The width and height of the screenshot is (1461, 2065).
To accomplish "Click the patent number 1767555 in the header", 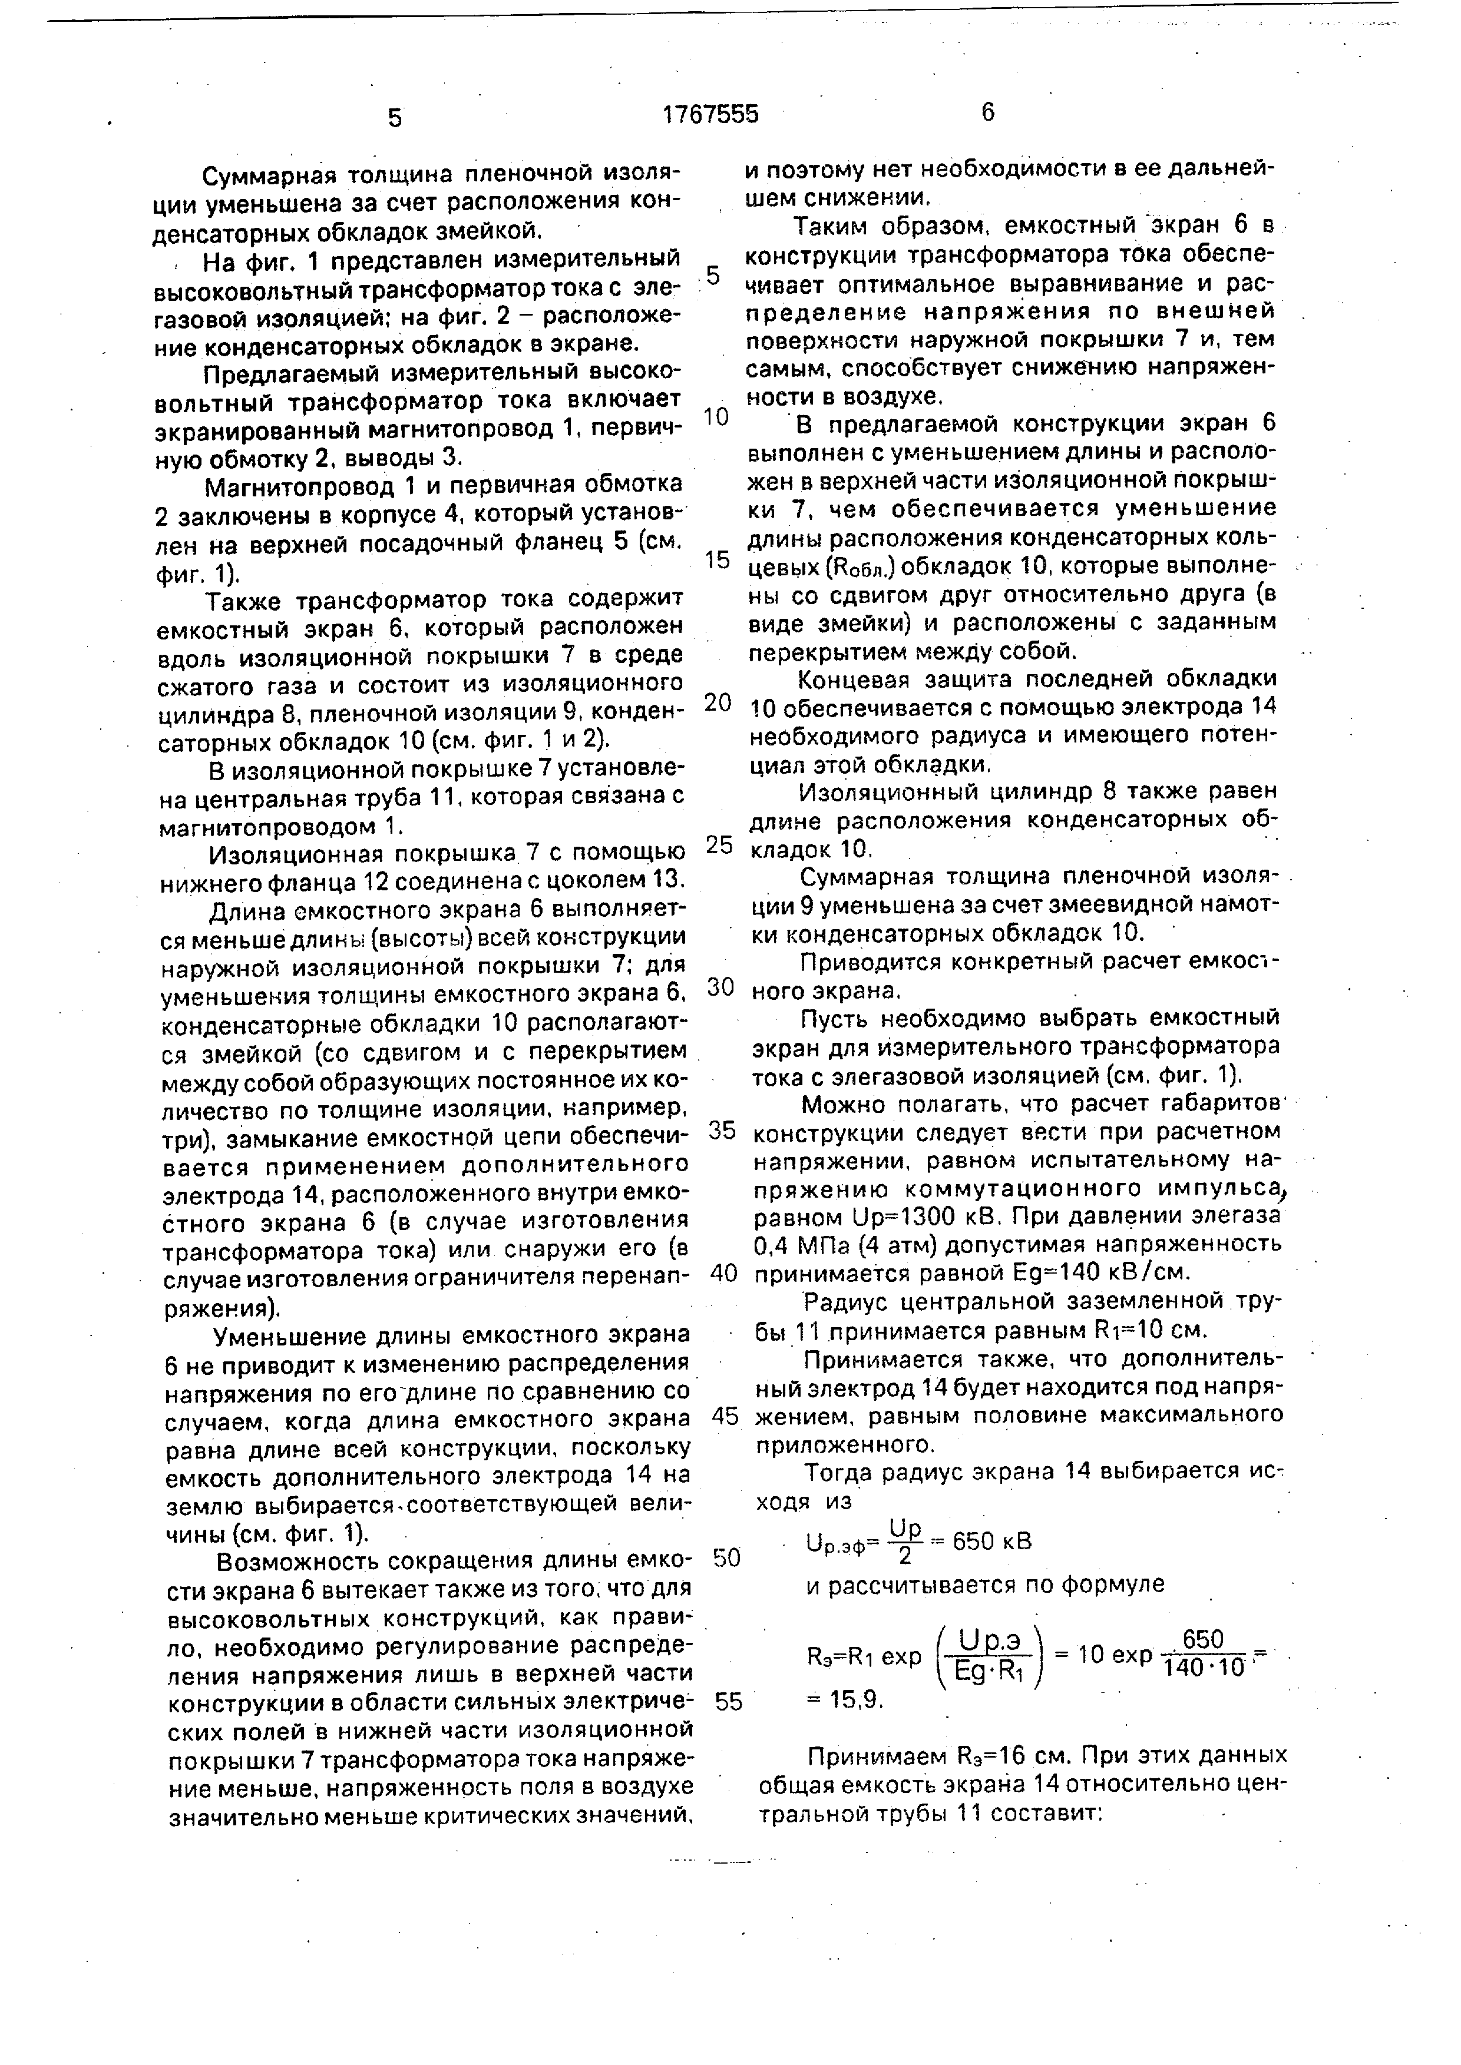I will click(x=710, y=114).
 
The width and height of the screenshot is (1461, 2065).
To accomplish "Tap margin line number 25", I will click(x=720, y=844).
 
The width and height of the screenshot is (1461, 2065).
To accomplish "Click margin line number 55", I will click(x=729, y=1702).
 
